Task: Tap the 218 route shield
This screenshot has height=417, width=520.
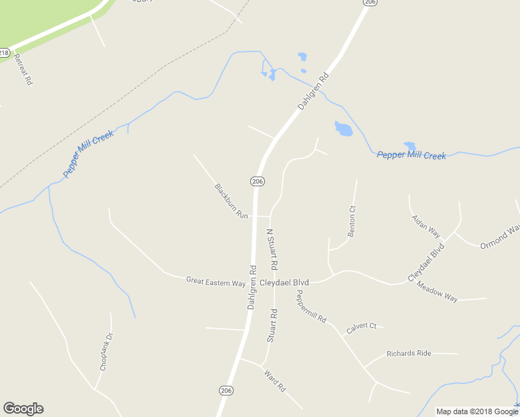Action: point(4,53)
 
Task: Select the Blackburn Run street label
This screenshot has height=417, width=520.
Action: point(231,201)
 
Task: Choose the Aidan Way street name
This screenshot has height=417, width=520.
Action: point(426,225)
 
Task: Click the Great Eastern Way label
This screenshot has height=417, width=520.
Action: point(216,281)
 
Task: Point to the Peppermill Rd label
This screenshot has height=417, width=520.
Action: point(311,306)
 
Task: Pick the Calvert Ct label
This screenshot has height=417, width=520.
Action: point(361,326)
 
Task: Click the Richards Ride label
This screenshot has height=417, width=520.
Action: point(409,353)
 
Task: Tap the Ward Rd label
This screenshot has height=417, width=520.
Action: point(275,379)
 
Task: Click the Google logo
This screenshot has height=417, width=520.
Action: point(23,409)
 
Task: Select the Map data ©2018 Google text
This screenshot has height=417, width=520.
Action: point(476,411)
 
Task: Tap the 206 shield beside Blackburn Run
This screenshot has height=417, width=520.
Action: point(257,181)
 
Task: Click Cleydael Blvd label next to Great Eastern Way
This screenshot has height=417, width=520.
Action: point(284,283)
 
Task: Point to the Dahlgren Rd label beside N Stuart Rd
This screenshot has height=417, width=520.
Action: point(252,287)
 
